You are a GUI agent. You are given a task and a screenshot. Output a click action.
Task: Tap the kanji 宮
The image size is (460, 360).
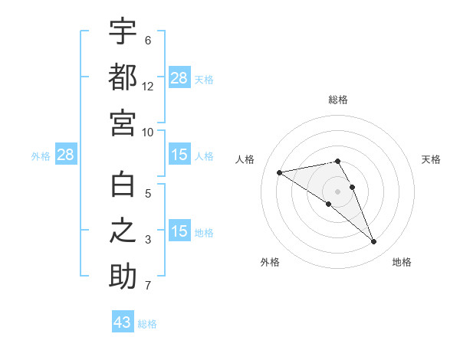click(123, 123)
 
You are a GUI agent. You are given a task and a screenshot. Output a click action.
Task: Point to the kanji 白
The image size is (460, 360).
click(123, 185)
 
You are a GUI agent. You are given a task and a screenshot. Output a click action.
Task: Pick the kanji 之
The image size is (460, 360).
click(123, 231)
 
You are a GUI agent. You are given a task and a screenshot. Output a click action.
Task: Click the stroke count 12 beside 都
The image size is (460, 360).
click(148, 87)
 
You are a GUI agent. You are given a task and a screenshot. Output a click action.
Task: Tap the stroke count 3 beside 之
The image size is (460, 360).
click(148, 240)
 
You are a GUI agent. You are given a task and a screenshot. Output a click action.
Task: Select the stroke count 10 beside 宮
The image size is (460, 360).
click(148, 132)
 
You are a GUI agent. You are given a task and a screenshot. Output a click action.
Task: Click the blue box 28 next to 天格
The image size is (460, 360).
click(179, 78)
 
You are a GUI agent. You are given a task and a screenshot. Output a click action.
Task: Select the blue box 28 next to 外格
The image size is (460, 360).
click(66, 155)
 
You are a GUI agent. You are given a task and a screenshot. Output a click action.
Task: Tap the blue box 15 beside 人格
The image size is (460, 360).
click(179, 155)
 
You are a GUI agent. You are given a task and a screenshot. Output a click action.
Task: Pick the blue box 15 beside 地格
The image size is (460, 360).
click(179, 231)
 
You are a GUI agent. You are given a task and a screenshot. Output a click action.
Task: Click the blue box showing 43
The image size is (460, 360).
click(123, 322)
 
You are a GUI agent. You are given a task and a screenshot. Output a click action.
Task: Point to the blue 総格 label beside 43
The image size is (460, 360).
click(147, 324)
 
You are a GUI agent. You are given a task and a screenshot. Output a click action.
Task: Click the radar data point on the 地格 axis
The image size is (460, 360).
click(374, 242)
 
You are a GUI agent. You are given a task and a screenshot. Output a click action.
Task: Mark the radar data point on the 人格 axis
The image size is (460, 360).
click(280, 172)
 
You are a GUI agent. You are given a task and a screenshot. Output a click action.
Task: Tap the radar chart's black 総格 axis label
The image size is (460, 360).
click(338, 100)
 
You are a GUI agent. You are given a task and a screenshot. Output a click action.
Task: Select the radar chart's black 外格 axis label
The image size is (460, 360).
click(270, 263)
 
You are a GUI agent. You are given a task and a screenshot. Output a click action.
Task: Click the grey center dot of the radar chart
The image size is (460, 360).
click(338, 191)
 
